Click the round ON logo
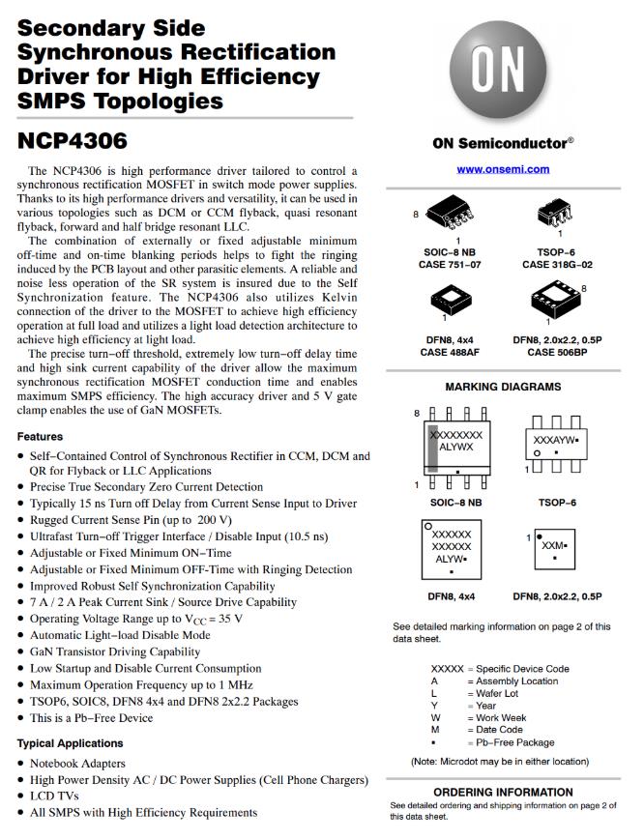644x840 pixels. tap(503, 71)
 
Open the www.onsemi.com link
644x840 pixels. tap(503, 169)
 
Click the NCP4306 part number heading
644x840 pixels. tap(73, 141)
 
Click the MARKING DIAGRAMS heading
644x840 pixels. tap(503, 387)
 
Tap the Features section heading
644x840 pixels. tap(41, 437)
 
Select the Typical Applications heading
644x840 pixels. tap(71, 743)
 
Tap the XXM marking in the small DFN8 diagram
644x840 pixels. tap(553, 546)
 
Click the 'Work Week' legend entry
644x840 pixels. tap(500, 718)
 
